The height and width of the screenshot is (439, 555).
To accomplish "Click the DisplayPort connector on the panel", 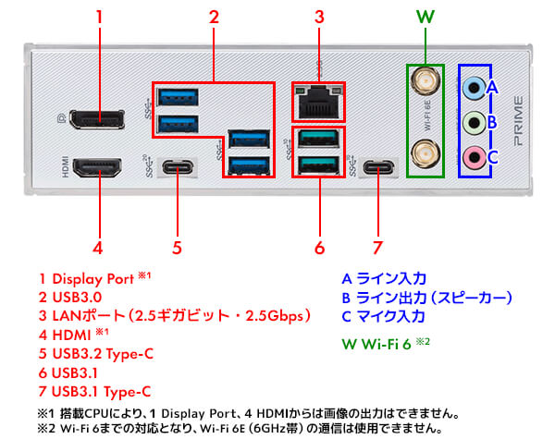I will click(x=99, y=120).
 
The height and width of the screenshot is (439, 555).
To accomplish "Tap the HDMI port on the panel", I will click(x=99, y=167).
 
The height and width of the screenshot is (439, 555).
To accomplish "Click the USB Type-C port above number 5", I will click(x=177, y=167).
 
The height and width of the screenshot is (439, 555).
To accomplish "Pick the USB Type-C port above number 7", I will click(x=377, y=167).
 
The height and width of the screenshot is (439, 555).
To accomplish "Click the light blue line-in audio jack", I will click(x=474, y=89).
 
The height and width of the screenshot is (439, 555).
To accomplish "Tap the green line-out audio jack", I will click(x=474, y=121).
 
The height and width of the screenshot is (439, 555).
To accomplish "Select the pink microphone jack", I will click(x=474, y=154).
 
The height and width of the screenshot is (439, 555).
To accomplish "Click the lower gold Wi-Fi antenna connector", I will click(x=425, y=150).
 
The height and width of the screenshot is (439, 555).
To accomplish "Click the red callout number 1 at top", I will click(x=99, y=17).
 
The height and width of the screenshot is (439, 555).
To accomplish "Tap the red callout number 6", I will click(x=320, y=247).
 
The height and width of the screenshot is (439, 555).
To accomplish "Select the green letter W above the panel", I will click(x=425, y=17).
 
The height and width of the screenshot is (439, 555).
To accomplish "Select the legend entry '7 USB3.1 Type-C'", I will click(x=95, y=392).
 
